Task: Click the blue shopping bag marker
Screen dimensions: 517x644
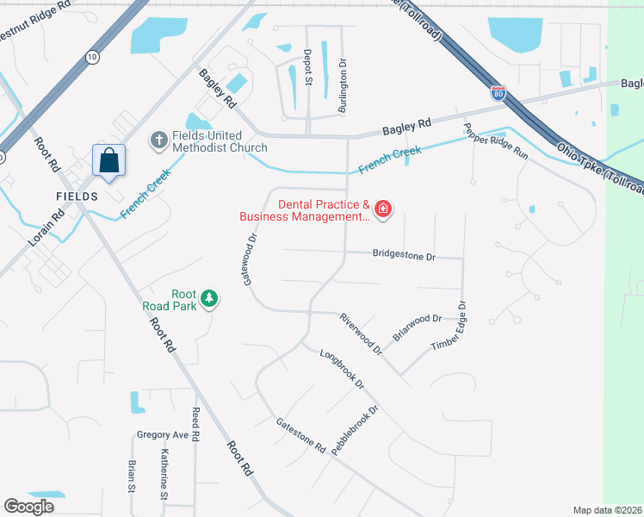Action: tap(109, 160)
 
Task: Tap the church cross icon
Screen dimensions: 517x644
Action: tap(158, 139)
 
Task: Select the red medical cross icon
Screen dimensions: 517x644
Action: tap(383, 209)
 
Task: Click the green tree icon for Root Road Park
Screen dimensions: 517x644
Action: tap(208, 299)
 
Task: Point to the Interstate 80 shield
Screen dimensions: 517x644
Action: tap(498, 93)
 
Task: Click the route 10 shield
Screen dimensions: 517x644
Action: tap(91, 57)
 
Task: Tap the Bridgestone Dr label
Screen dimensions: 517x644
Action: tap(405, 255)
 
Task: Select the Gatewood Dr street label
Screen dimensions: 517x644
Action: tap(249, 258)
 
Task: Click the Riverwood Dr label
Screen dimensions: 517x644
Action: tap(360, 333)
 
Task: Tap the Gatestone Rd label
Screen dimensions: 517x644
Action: tap(300, 436)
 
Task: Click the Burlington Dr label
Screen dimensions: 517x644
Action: tap(342, 76)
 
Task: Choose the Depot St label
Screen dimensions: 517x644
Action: tap(307, 67)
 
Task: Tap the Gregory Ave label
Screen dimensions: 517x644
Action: tap(162, 435)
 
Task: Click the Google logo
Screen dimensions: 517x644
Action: tap(28, 507)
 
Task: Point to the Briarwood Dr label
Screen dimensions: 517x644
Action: tap(417, 327)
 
